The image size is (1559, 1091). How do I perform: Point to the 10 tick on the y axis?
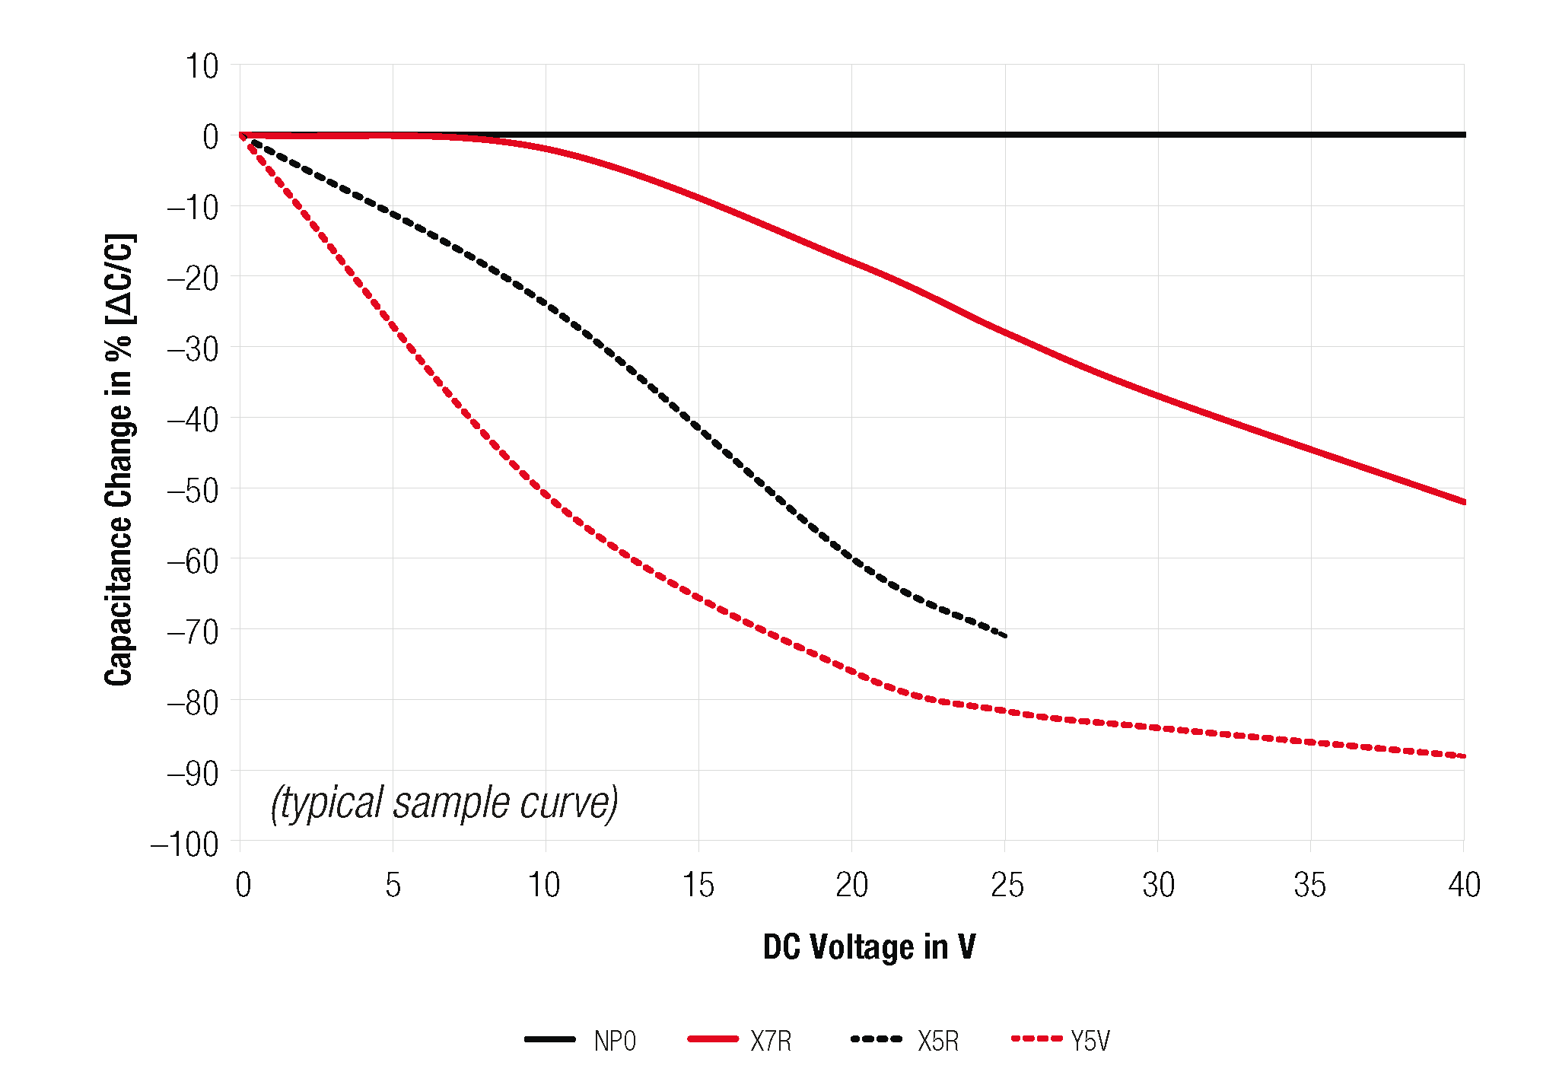point(202,67)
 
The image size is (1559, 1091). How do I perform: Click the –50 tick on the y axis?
point(193,491)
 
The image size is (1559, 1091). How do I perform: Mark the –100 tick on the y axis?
point(185,844)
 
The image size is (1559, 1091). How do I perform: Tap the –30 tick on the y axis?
point(193,349)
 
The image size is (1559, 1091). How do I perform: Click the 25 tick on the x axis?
point(1007,885)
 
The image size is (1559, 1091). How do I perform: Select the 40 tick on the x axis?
point(1464,885)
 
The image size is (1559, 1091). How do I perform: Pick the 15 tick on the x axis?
point(698,885)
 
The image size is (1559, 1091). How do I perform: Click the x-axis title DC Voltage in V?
point(869,947)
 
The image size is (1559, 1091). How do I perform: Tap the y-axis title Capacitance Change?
point(119,460)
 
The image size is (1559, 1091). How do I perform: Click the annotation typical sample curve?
point(444,803)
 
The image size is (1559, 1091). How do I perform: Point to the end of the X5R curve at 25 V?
point(1005,635)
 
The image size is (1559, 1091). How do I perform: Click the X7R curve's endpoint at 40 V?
point(1464,502)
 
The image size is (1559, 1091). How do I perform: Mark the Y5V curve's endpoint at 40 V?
point(1464,756)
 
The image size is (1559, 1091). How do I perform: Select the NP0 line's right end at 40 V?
point(1464,135)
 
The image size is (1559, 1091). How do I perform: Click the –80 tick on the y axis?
point(193,702)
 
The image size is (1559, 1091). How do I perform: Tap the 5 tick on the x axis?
point(393,885)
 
